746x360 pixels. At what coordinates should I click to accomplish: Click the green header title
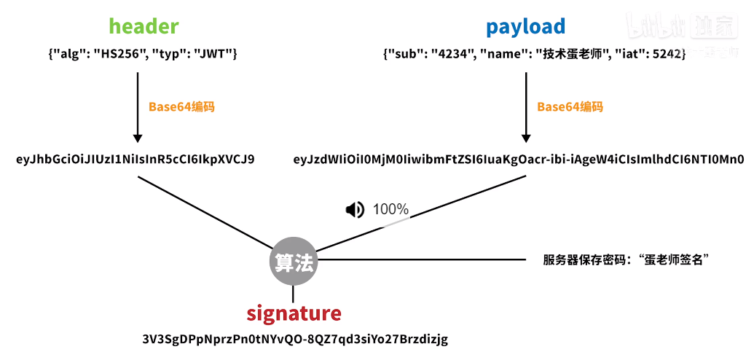click(144, 27)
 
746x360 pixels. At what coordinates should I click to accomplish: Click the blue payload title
click(525, 27)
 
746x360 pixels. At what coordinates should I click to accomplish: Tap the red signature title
click(294, 313)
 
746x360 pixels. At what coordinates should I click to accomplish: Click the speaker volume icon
click(355, 210)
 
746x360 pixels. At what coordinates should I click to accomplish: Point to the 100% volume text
click(390, 210)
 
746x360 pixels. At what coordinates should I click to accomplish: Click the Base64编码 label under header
click(181, 106)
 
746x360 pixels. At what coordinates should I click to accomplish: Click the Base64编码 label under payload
click(570, 106)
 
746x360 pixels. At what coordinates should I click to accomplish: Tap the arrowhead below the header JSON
click(137, 137)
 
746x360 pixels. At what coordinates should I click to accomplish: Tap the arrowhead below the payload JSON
click(525, 137)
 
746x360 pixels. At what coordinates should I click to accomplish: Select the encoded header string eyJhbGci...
click(136, 159)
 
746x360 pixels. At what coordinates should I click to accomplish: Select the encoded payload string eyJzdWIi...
click(518, 159)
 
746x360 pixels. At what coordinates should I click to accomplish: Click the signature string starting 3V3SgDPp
click(295, 340)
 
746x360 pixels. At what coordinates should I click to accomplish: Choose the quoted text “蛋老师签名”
click(672, 259)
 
